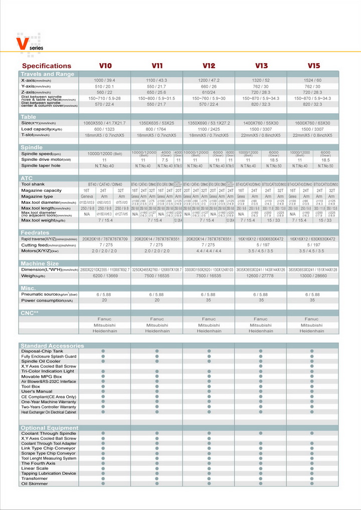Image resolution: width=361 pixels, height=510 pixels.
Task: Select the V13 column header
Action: [261, 66]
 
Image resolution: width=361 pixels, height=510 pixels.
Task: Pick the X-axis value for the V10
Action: [104, 80]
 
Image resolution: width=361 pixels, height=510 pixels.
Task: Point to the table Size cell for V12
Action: [209, 123]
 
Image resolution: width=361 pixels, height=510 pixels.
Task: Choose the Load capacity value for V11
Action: [156, 129]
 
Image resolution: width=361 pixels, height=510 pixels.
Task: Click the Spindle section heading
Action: [32, 147]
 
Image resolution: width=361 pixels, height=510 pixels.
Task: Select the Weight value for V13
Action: [261, 276]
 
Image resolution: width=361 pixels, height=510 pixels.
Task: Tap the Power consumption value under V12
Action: [209, 301]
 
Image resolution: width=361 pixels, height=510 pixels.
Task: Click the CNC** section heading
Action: [30, 312]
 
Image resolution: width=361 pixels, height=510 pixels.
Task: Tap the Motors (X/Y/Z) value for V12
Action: [209, 250]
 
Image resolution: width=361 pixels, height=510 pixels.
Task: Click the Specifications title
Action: [47, 66]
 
